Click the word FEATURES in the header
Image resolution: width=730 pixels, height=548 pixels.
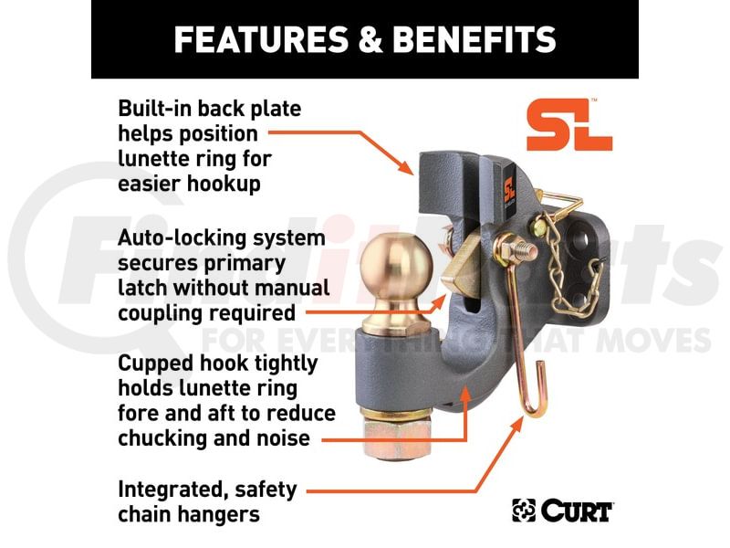tap(261, 39)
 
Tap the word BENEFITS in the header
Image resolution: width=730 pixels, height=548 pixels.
tap(474, 39)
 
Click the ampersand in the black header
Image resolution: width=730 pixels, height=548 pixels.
tap(370, 39)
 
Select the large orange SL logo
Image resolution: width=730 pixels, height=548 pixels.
tap(569, 125)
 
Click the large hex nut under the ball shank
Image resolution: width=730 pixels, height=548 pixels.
tap(397, 440)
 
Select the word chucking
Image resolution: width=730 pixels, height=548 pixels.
tap(161, 438)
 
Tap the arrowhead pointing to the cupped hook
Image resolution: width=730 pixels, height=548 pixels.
tap(464, 394)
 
